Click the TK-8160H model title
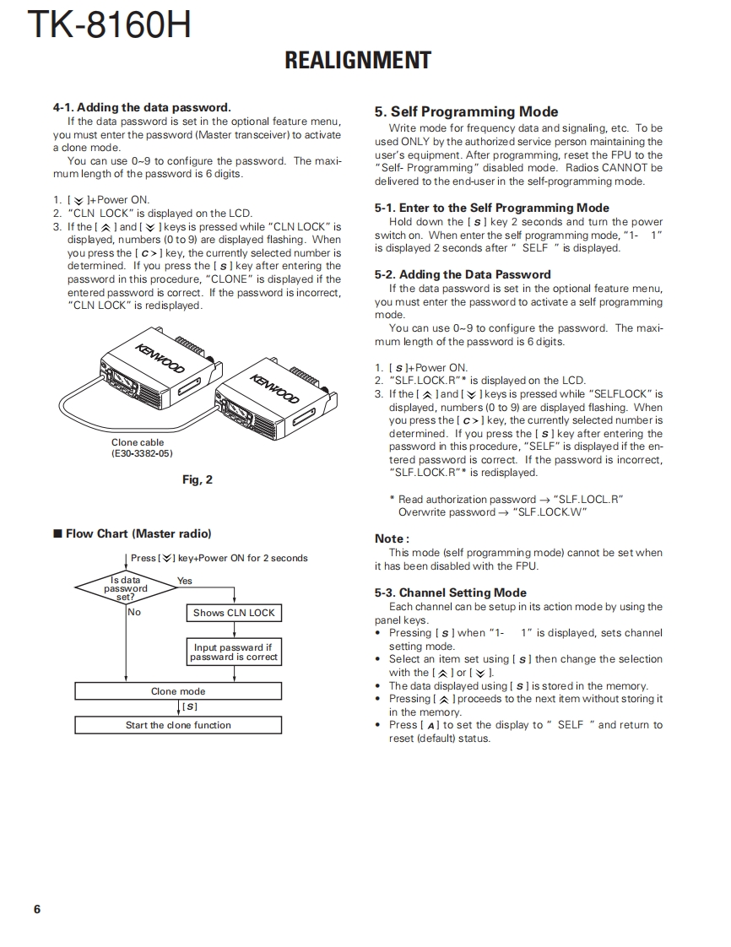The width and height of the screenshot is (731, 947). tap(109, 24)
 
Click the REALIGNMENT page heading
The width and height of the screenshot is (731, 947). tap(358, 61)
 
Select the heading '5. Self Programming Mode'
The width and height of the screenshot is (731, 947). tap(466, 111)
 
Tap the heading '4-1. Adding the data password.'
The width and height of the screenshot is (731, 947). tap(142, 107)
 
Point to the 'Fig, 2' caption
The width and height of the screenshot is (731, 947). tap(198, 479)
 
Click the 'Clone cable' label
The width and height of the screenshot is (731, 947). tap(138, 442)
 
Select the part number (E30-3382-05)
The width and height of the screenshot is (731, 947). tap(142, 453)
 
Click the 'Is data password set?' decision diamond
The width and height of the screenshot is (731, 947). tap(126, 588)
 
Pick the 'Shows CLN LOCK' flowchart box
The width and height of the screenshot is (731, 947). tap(234, 613)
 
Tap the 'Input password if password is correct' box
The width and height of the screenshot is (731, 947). tap(234, 652)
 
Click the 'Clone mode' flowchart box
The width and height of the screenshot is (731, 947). tap(178, 691)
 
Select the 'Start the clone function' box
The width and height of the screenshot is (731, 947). tap(178, 725)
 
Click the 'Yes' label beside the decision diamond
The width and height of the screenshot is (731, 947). tap(185, 581)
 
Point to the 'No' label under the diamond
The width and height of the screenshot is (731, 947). tap(134, 612)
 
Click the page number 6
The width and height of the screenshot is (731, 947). tap(37, 909)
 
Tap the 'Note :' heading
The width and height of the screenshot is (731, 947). tap(392, 538)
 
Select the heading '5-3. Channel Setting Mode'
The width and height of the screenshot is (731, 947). tap(451, 593)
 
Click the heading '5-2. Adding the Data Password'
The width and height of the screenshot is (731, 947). tap(463, 274)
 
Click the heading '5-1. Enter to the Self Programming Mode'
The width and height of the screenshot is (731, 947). tap(492, 208)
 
